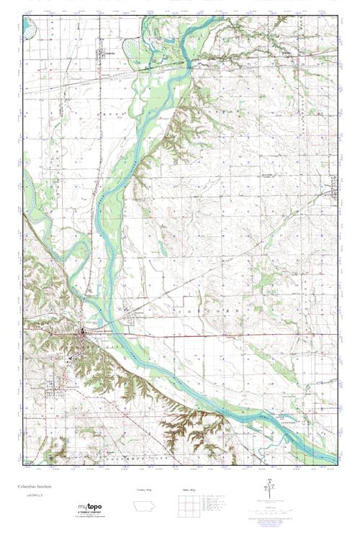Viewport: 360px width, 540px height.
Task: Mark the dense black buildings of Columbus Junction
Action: coord(84,332)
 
